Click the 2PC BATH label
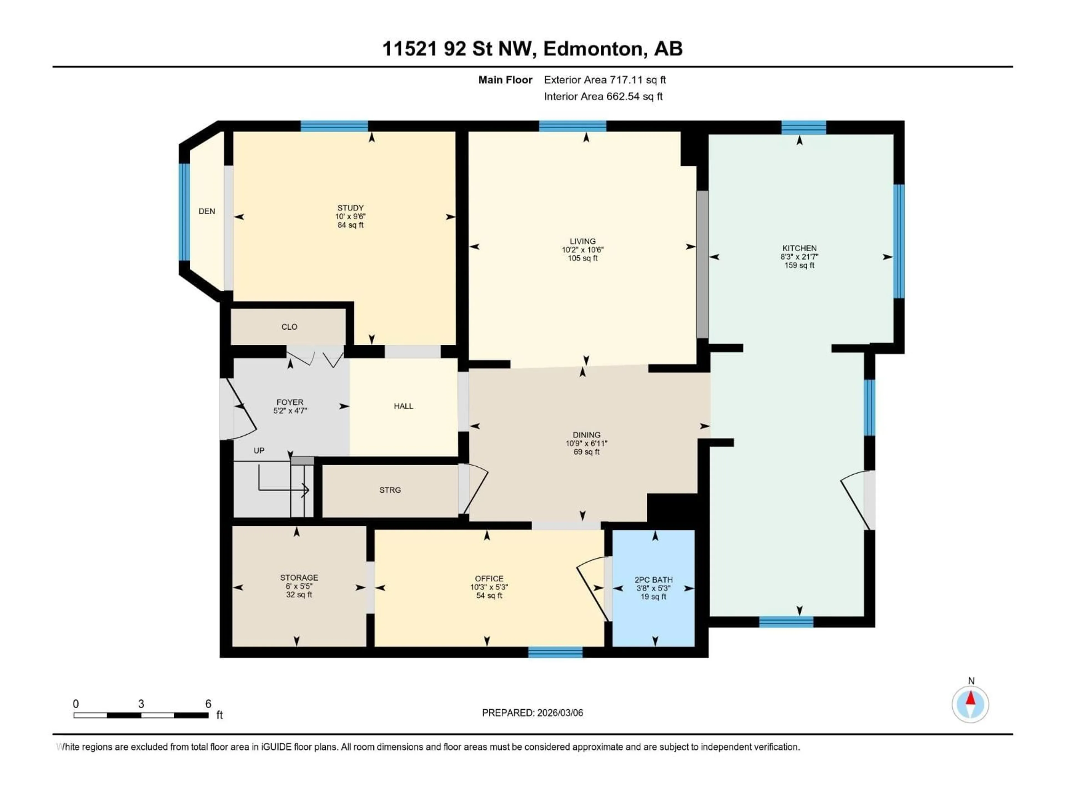[x=653, y=580]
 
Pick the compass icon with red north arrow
[x=971, y=704]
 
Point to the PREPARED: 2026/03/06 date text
[x=532, y=713]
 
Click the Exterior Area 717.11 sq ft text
[x=605, y=80]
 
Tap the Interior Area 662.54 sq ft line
[x=603, y=96]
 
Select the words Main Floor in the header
[x=505, y=80]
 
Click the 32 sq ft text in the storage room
[x=299, y=595]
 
